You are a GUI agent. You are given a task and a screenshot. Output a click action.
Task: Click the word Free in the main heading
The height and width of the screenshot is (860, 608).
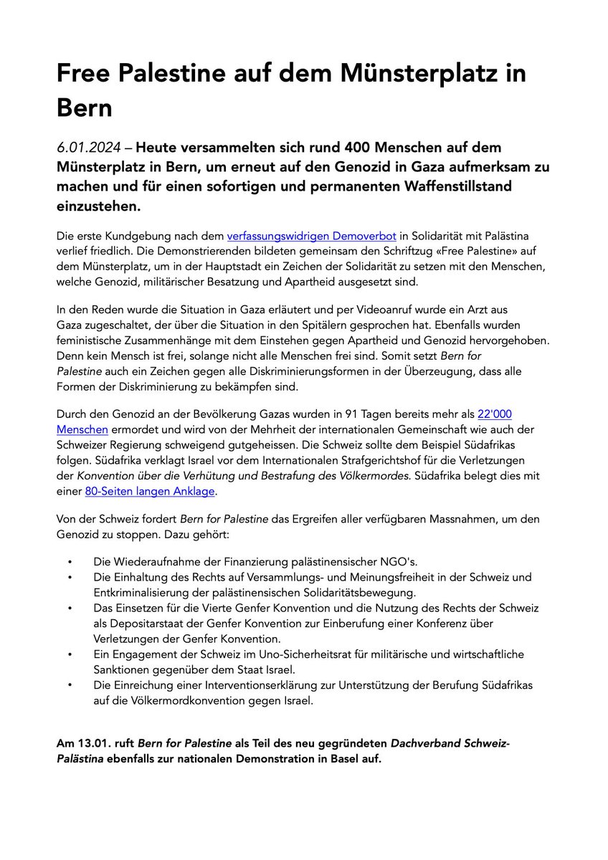click(x=86, y=74)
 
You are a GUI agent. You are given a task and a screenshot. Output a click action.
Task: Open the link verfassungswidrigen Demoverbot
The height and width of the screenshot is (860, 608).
click(x=313, y=236)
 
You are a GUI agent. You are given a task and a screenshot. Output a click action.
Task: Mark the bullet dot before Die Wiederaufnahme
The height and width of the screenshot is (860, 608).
click(x=70, y=562)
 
